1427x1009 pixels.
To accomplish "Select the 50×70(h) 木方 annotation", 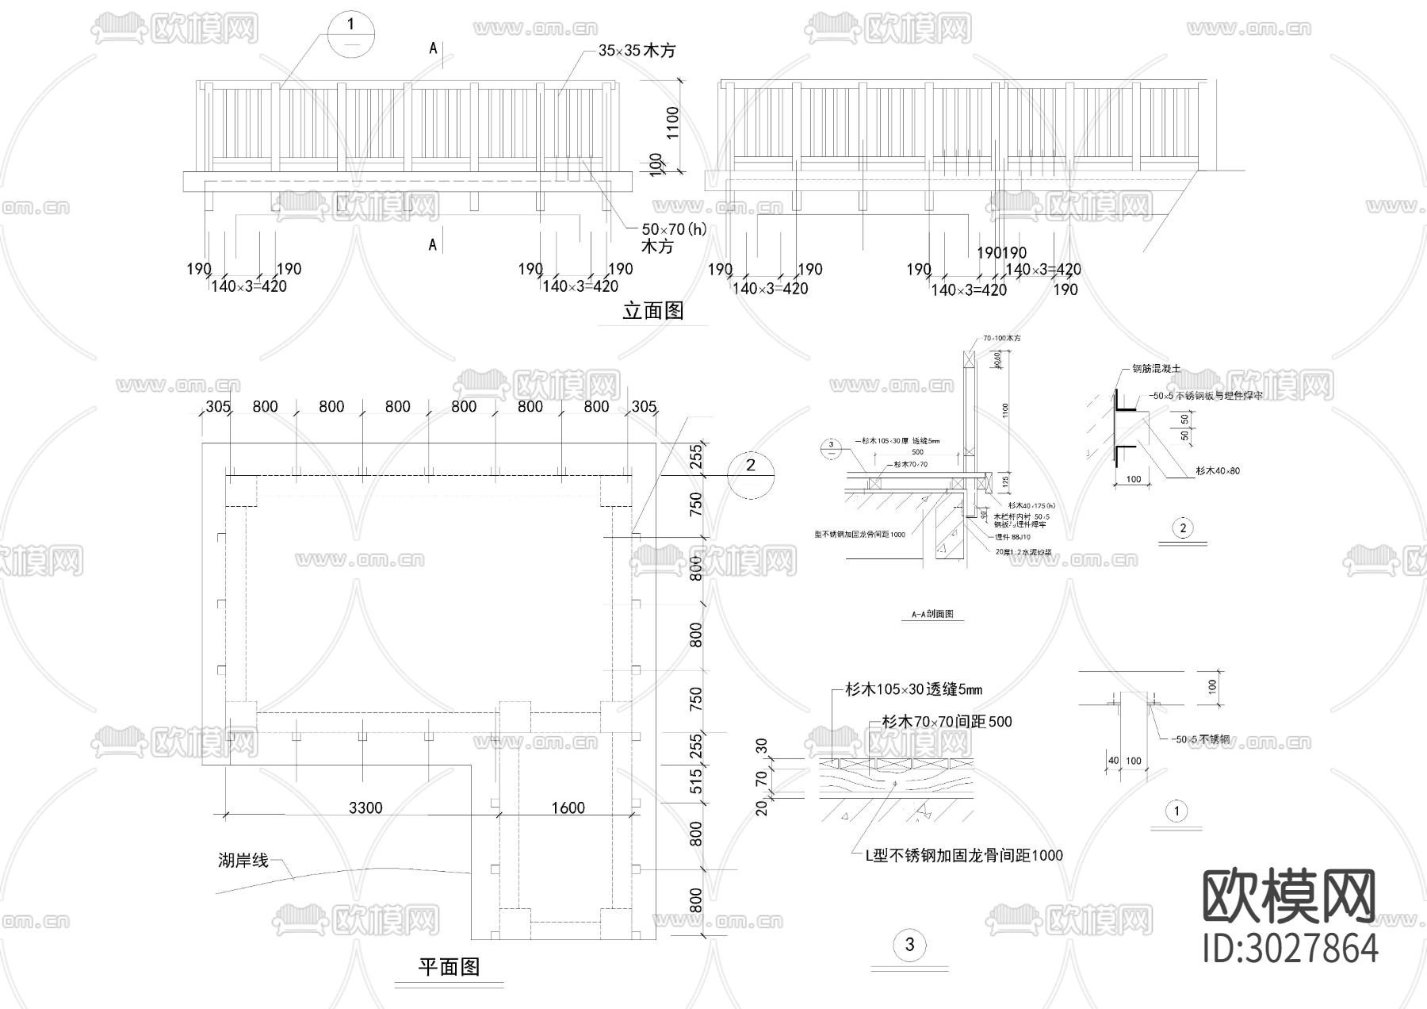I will click(673, 237).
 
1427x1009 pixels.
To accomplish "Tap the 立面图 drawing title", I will click(652, 311).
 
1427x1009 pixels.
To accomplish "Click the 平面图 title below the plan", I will click(449, 967).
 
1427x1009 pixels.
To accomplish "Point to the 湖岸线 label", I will click(243, 860).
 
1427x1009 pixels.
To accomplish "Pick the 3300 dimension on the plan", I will click(365, 808).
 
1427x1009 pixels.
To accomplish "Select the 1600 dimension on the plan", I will click(568, 808).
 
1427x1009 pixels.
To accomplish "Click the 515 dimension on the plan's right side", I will click(696, 781).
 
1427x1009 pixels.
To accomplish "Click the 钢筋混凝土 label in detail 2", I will click(1157, 369).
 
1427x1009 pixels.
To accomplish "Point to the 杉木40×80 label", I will click(1218, 471).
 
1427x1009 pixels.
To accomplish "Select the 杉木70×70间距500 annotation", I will click(947, 722).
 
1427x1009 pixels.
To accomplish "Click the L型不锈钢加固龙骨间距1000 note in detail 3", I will click(963, 855).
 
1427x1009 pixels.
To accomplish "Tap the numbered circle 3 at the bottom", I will click(909, 945).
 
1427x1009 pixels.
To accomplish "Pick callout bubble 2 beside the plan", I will click(751, 466).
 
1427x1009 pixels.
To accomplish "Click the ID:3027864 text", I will click(1291, 949).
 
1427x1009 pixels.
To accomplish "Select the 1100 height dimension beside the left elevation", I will click(673, 123).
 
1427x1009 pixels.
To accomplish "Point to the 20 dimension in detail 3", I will click(762, 808).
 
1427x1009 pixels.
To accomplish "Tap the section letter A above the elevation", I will click(433, 48).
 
